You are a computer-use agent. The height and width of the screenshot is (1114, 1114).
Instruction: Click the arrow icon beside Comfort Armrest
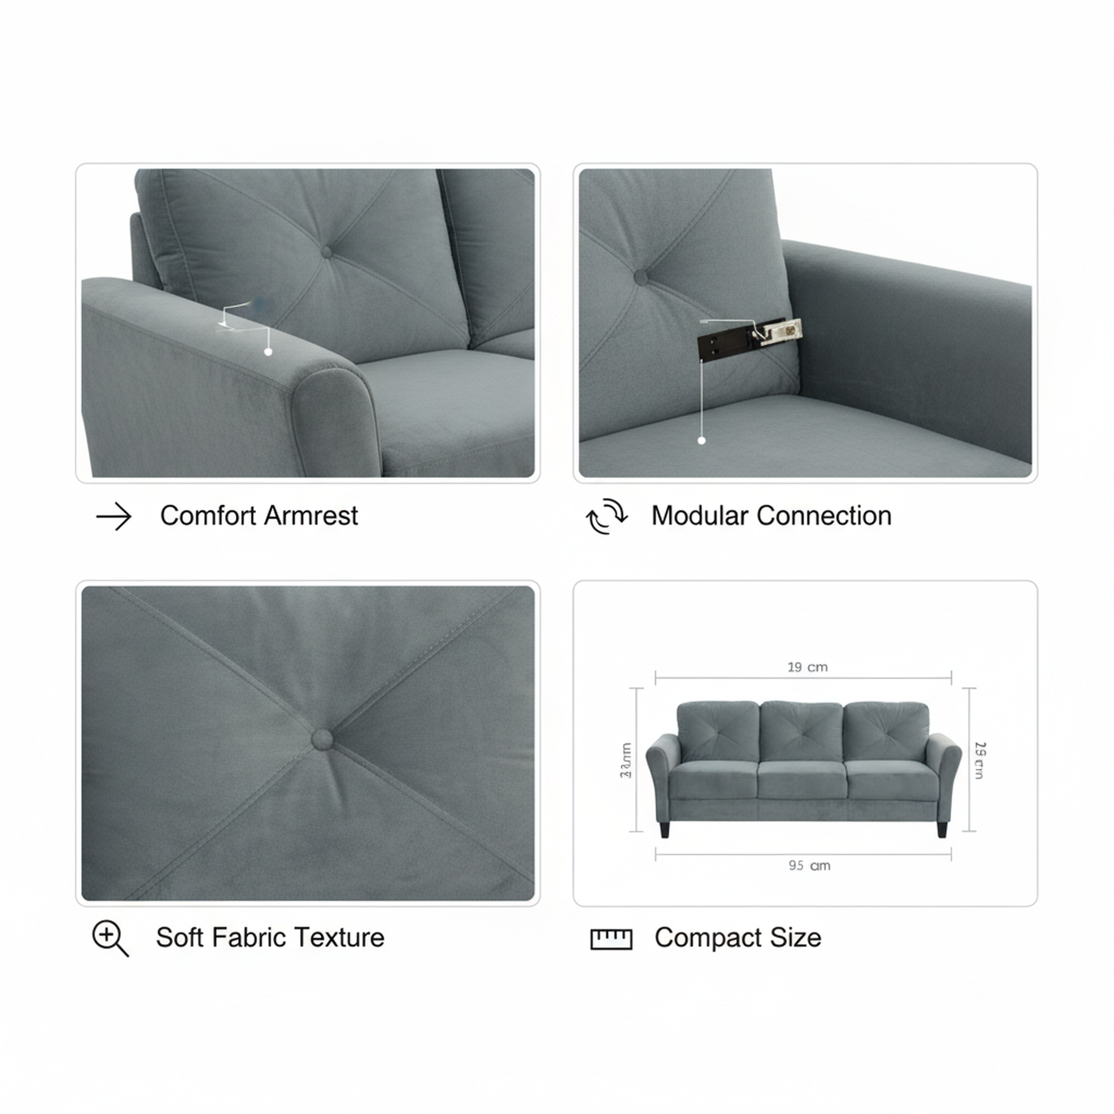(x=114, y=516)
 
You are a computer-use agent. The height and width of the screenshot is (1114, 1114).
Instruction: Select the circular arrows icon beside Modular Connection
(x=607, y=516)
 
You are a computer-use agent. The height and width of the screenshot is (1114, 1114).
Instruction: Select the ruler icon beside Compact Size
(x=611, y=939)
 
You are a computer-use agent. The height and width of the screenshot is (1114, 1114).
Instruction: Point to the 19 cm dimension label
(x=807, y=667)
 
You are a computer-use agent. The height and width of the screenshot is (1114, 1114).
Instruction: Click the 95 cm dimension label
(x=809, y=866)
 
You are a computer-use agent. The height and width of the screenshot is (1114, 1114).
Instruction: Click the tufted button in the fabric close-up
(x=322, y=739)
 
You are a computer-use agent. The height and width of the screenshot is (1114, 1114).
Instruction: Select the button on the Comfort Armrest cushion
(x=326, y=252)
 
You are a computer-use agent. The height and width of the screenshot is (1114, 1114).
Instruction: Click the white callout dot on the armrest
(x=268, y=351)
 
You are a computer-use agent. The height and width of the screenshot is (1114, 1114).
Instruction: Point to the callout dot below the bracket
(x=702, y=441)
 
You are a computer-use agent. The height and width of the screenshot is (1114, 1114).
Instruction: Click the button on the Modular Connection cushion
(x=641, y=277)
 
